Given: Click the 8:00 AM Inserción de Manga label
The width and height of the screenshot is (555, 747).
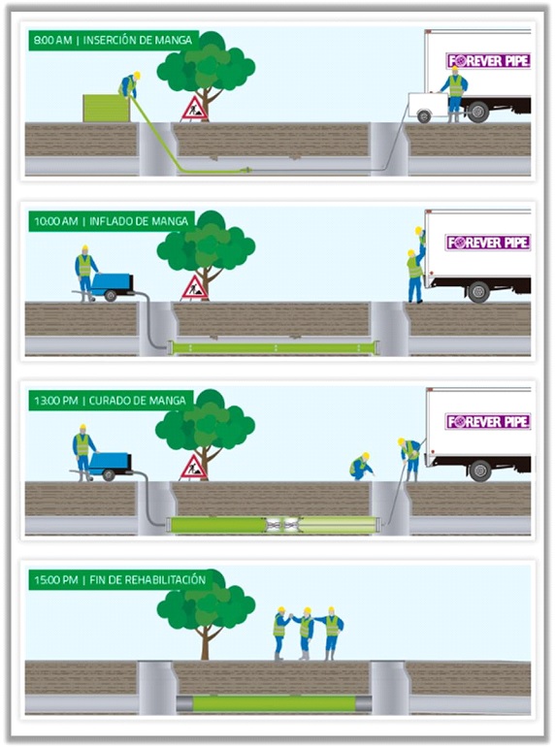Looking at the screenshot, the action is click(114, 40).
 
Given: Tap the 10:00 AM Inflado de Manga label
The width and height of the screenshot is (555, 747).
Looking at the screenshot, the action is click(112, 221).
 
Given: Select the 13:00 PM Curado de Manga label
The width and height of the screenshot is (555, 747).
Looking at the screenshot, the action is click(111, 401).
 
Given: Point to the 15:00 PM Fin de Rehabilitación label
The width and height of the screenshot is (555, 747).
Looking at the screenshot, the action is click(120, 580).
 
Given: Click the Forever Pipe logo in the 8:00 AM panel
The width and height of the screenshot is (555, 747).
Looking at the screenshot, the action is click(488, 61).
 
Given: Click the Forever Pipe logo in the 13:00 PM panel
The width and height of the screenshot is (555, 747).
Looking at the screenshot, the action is click(488, 422).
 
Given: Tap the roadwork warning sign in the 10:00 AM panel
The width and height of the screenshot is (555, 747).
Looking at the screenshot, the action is click(194, 288).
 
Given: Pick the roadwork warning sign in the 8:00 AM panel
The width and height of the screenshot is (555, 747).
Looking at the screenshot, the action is click(194, 109).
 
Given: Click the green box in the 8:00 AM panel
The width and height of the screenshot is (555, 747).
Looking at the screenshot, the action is click(106, 108).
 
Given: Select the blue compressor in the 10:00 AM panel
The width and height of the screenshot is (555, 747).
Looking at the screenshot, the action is click(112, 285).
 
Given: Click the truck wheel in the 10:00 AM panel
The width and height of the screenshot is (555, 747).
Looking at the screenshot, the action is click(478, 292).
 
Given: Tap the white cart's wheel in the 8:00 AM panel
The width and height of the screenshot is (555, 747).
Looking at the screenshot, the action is click(423, 115).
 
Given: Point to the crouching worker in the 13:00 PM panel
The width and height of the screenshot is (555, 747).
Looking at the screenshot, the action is click(361, 467).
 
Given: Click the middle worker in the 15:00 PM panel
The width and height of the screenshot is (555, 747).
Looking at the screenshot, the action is click(306, 633).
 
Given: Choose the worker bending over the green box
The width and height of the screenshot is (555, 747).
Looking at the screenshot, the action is click(130, 85).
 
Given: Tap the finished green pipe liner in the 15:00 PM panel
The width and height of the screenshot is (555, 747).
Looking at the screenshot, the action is click(274, 703).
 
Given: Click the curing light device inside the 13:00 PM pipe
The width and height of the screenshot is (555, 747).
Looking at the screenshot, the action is click(284, 525).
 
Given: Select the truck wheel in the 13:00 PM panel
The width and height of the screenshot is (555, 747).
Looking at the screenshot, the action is click(479, 471).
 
